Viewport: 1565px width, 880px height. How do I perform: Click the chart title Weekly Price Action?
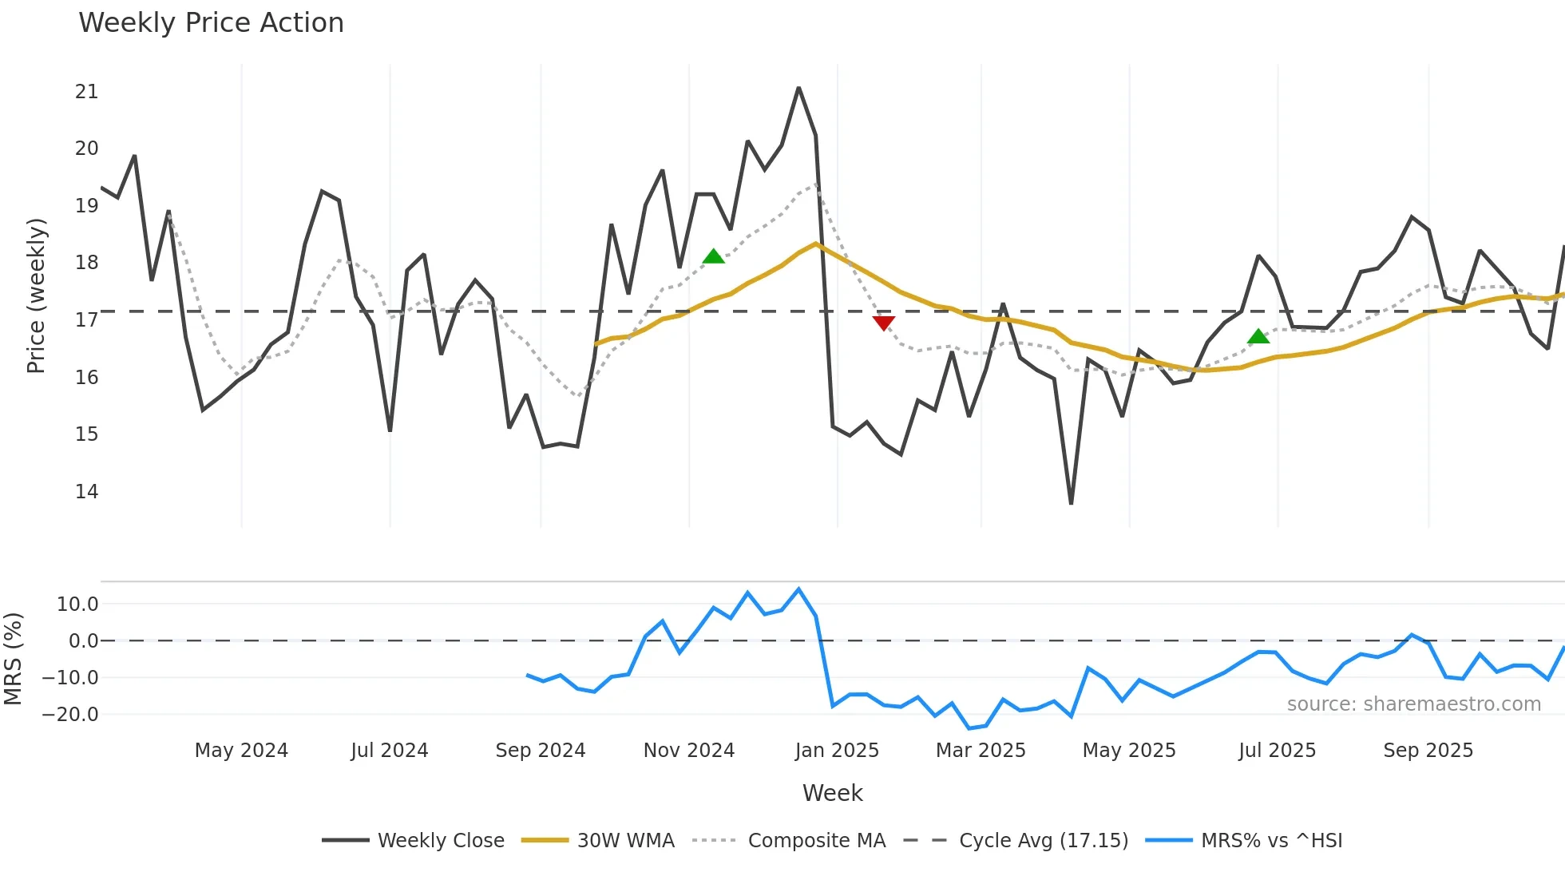211,23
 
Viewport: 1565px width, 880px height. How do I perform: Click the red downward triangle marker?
884,323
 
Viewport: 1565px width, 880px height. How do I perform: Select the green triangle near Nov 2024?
714,256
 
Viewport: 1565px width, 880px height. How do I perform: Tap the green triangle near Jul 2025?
1258,337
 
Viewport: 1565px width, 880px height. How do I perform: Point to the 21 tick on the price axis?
86,92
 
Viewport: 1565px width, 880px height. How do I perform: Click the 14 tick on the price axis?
86,492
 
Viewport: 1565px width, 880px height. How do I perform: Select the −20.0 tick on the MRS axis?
70,715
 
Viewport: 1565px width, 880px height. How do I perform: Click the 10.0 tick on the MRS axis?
77,605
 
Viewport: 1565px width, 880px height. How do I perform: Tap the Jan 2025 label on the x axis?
837,751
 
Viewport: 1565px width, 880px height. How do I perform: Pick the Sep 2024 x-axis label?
541,751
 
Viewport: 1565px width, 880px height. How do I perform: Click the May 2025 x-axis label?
1129,751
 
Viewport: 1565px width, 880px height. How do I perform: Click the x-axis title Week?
832,793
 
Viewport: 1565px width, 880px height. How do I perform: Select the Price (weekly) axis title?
37,295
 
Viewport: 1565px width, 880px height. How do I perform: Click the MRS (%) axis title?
14,659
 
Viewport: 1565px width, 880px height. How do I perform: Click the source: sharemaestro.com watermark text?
1413,704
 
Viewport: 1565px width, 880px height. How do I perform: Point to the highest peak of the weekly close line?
798,89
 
